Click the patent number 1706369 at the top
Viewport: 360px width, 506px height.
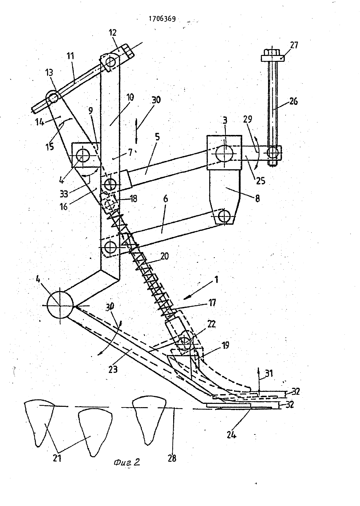162,19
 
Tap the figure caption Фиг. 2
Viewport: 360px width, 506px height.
126,462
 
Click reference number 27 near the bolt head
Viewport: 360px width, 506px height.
293,45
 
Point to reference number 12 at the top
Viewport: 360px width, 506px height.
112,33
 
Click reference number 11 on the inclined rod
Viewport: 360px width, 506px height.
71,56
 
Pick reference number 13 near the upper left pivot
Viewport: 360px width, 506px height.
49,73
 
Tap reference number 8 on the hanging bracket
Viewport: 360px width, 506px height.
257,199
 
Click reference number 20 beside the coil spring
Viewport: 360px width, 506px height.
164,256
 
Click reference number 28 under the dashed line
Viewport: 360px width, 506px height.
172,458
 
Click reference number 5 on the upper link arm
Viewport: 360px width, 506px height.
157,137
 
